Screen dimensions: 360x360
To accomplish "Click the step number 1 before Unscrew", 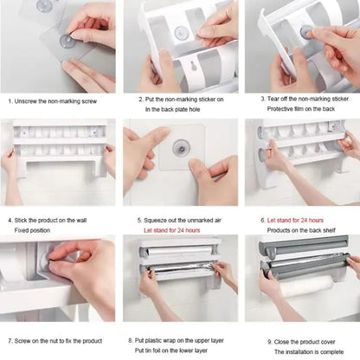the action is [x=10, y=101].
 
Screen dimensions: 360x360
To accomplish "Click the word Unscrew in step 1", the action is [x=25, y=101].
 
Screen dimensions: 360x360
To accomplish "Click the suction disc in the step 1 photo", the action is [x=67, y=41].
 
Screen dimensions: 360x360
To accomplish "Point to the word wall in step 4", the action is [x=81, y=221].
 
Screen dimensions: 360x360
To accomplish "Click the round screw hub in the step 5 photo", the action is [x=181, y=147].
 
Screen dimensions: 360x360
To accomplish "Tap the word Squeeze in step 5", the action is [x=156, y=221].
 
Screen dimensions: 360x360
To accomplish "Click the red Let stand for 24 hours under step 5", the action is [x=172, y=230].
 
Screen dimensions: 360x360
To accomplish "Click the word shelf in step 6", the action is [x=329, y=230].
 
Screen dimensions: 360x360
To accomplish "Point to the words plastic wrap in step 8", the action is [x=160, y=341].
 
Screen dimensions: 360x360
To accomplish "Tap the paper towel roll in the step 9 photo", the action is [x=306, y=286].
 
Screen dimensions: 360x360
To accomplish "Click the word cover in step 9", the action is [x=326, y=342].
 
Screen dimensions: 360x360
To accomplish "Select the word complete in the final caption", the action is [x=331, y=352].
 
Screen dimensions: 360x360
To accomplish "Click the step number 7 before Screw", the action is [x=10, y=341].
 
